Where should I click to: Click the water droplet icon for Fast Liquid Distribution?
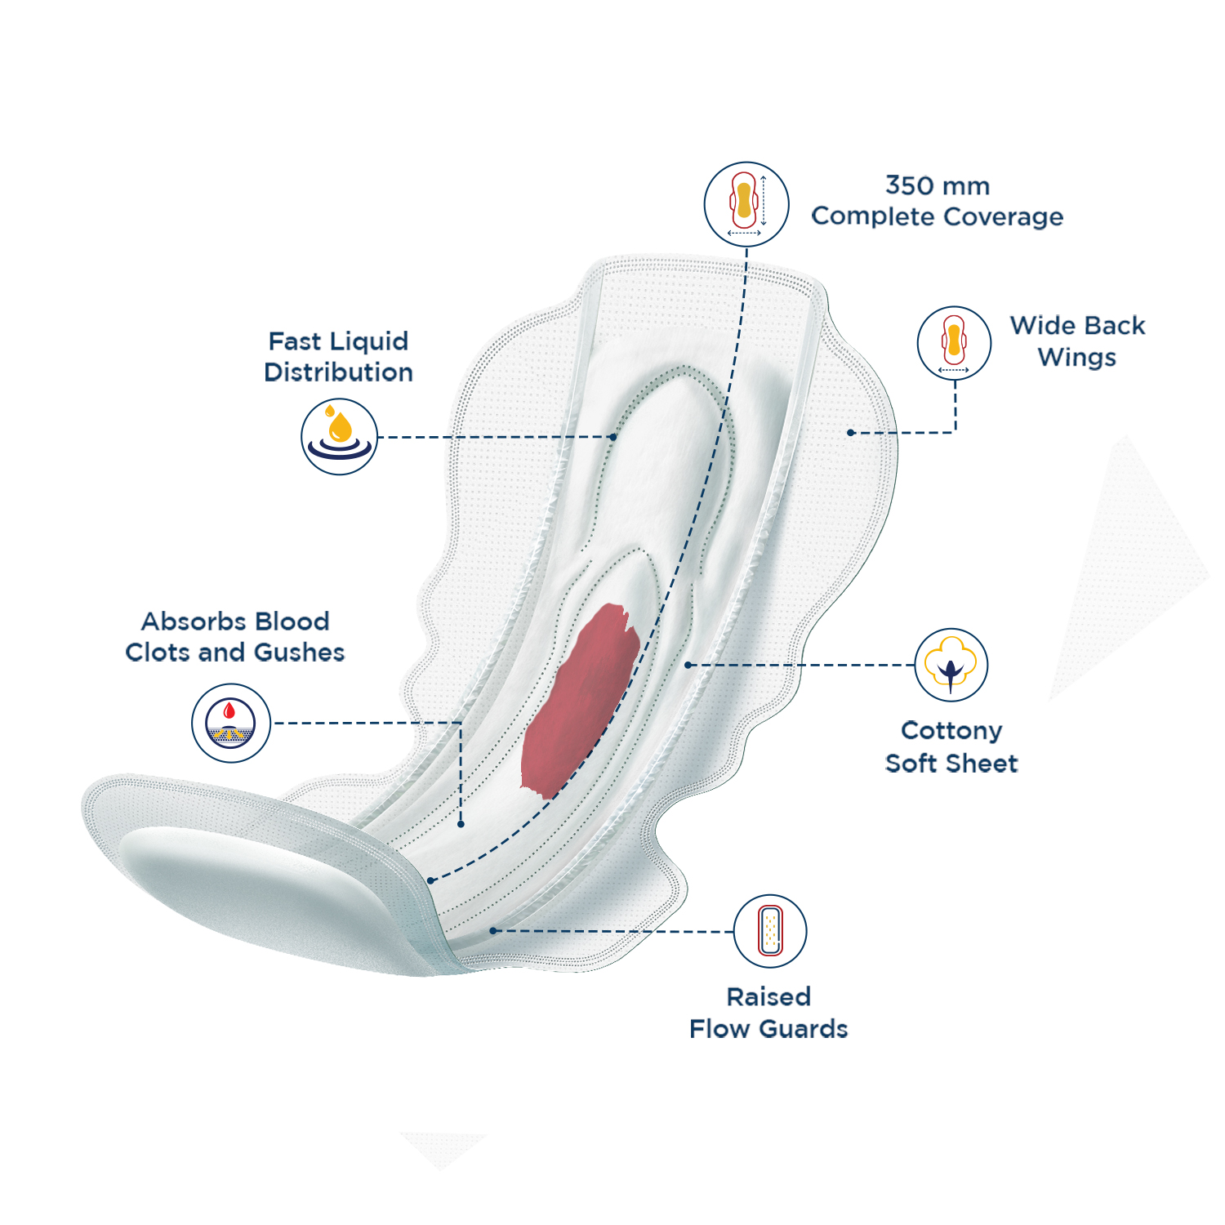point(339,436)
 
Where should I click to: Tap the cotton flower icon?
point(951,665)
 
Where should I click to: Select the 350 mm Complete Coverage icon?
point(746,203)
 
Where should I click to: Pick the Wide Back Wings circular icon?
point(954,343)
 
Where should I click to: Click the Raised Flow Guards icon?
point(769,931)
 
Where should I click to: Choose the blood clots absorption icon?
point(231,723)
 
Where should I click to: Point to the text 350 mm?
point(938,185)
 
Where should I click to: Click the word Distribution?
point(338,372)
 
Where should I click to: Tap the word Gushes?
point(299,653)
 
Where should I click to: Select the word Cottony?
point(951,730)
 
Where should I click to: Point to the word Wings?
point(1076,358)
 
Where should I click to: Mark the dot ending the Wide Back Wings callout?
point(851,432)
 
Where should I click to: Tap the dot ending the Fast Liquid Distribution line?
point(613,437)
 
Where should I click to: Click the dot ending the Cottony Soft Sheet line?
point(688,665)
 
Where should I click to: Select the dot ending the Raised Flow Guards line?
point(492,930)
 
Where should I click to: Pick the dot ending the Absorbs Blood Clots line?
point(461,824)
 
